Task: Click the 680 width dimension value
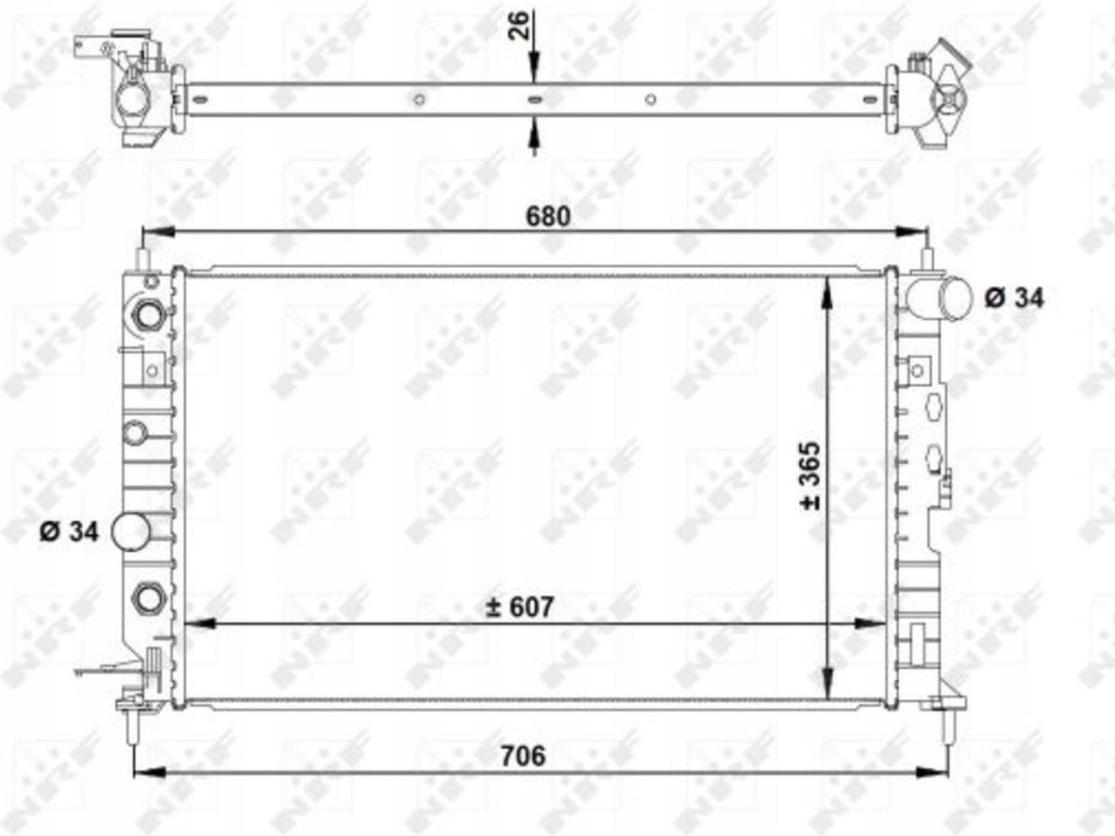tap(547, 215)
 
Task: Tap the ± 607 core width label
tap(519, 607)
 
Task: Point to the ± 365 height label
tap(810, 476)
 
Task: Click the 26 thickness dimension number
tap(520, 25)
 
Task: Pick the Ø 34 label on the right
tap(1015, 297)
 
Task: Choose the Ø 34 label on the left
tap(69, 531)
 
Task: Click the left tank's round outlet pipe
tap(131, 531)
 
